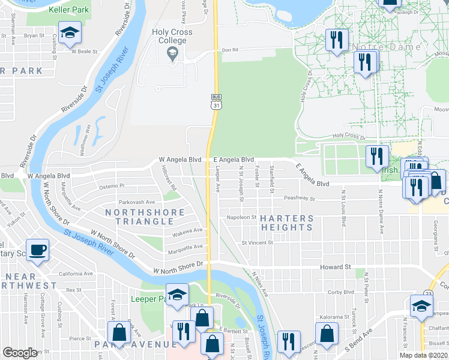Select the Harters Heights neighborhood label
pos(287,223)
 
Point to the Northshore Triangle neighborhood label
pos(145,217)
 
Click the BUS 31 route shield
pos(216,101)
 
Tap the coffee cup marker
pos(37,250)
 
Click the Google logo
pos(20,353)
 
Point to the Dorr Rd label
pos(231,50)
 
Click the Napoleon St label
pos(241,217)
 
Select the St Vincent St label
pos(257,243)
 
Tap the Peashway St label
pos(300,197)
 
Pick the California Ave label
pos(74,274)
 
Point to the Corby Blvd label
pos(341,293)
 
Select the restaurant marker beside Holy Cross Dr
pos(377,156)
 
